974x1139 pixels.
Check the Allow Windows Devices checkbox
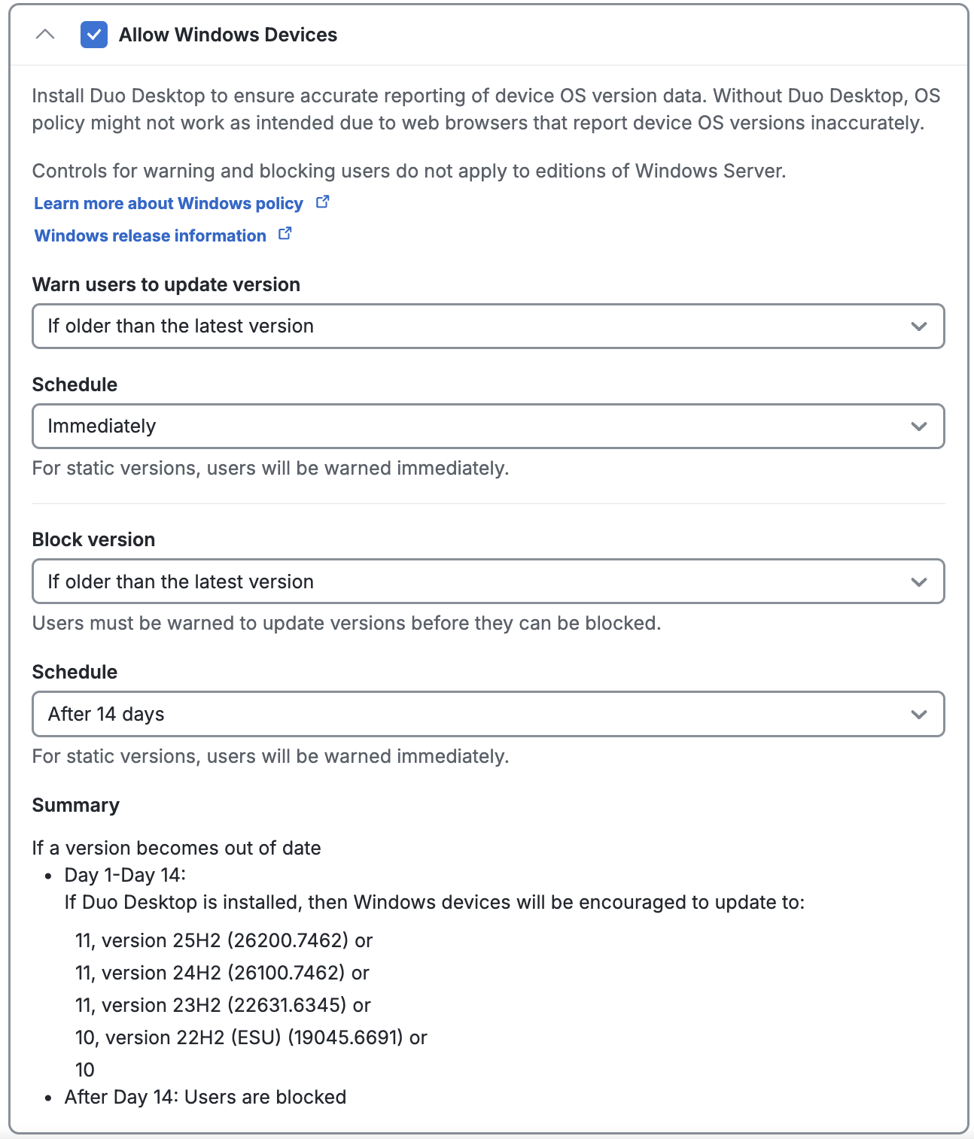tap(94, 35)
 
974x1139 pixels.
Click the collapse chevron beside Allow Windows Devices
tap(45, 35)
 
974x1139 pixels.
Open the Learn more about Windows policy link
tap(169, 204)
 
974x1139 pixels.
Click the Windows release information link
tap(151, 236)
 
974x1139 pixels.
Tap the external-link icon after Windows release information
tap(285, 234)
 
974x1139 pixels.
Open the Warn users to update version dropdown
tap(488, 327)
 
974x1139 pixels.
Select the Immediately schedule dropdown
tap(488, 427)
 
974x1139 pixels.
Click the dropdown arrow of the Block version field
tap(918, 582)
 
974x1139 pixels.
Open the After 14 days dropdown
tap(488, 715)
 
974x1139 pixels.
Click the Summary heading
tap(75, 806)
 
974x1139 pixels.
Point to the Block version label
tap(93, 540)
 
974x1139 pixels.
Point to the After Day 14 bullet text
tap(205, 1098)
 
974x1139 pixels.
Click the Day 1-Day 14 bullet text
tap(125, 876)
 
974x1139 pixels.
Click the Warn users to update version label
tap(166, 285)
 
